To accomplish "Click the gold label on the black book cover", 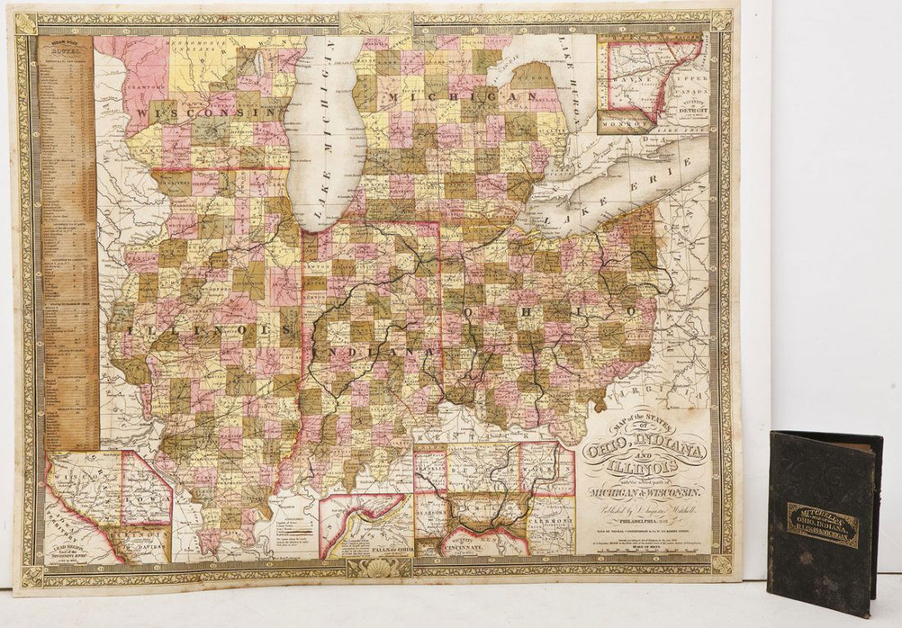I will click(x=822, y=525).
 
